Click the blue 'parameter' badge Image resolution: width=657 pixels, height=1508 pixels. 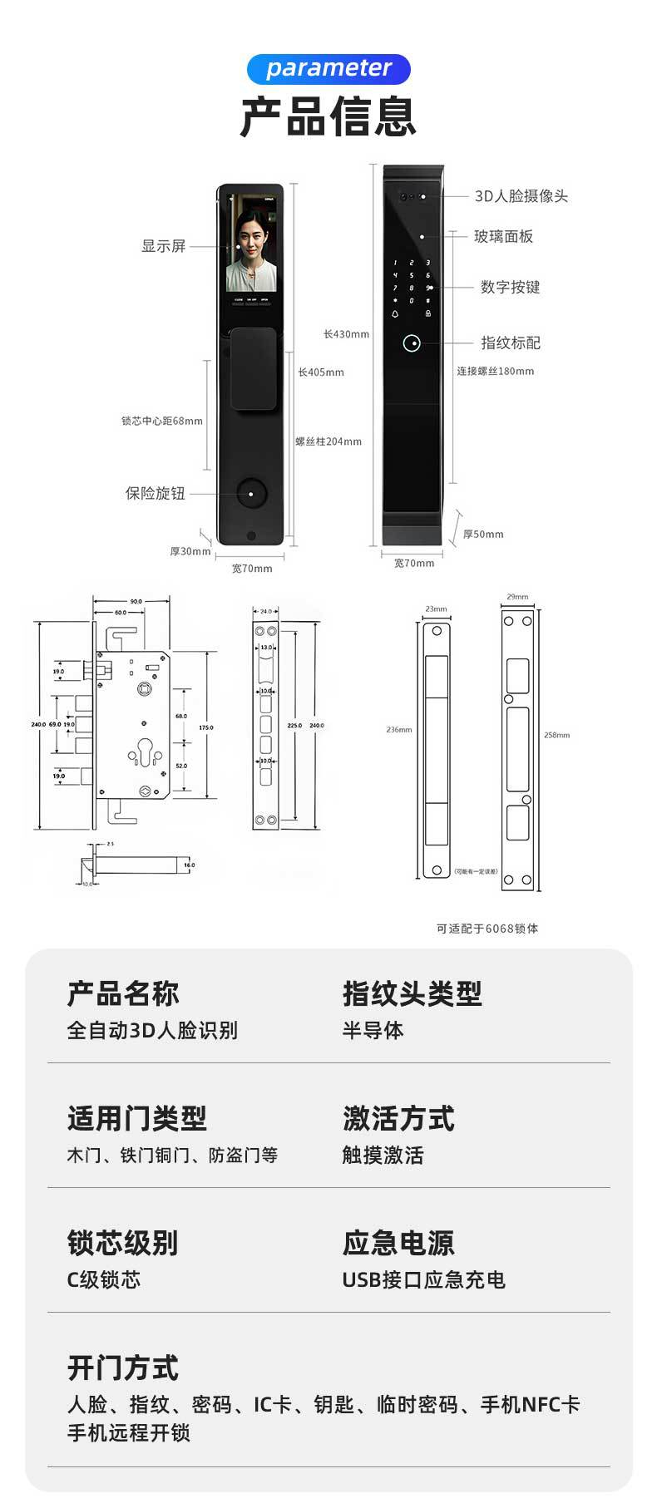328,69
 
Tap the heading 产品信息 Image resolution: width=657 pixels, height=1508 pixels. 328,116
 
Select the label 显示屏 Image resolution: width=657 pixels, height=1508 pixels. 163,246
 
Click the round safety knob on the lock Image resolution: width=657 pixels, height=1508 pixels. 250,494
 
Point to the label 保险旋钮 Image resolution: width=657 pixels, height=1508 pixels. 156,494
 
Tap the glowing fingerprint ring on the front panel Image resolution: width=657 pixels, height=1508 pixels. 411,343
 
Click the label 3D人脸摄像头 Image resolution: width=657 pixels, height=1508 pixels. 521,196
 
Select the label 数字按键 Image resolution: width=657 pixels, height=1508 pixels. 510,288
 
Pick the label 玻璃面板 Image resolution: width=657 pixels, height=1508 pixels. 503,237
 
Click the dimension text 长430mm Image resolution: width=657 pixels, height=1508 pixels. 346,334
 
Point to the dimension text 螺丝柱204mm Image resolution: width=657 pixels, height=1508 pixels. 328,441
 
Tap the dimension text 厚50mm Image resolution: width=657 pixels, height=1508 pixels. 483,535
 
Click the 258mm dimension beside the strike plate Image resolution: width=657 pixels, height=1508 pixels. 556,735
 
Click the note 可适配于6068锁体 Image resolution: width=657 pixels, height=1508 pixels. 487,929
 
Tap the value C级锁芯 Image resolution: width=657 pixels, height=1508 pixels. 104,1279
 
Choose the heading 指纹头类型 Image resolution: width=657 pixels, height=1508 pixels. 412,993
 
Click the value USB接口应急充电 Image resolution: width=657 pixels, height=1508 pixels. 423,1279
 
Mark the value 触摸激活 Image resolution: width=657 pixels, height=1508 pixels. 383,1155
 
